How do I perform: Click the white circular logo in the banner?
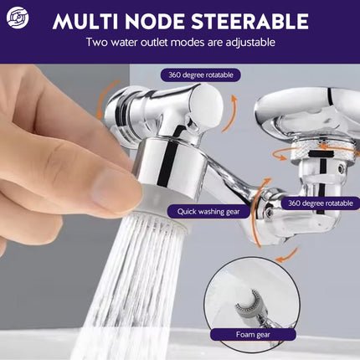[x=18, y=18]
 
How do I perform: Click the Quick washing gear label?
[x=208, y=212]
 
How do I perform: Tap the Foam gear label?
[x=253, y=334]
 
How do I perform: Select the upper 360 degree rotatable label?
[x=201, y=75]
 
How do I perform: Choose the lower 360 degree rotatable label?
[x=320, y=203]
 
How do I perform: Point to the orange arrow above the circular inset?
[x=287, y=256]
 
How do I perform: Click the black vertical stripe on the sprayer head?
[x=165, y=164]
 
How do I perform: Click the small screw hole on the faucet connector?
[x=341, y=168]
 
